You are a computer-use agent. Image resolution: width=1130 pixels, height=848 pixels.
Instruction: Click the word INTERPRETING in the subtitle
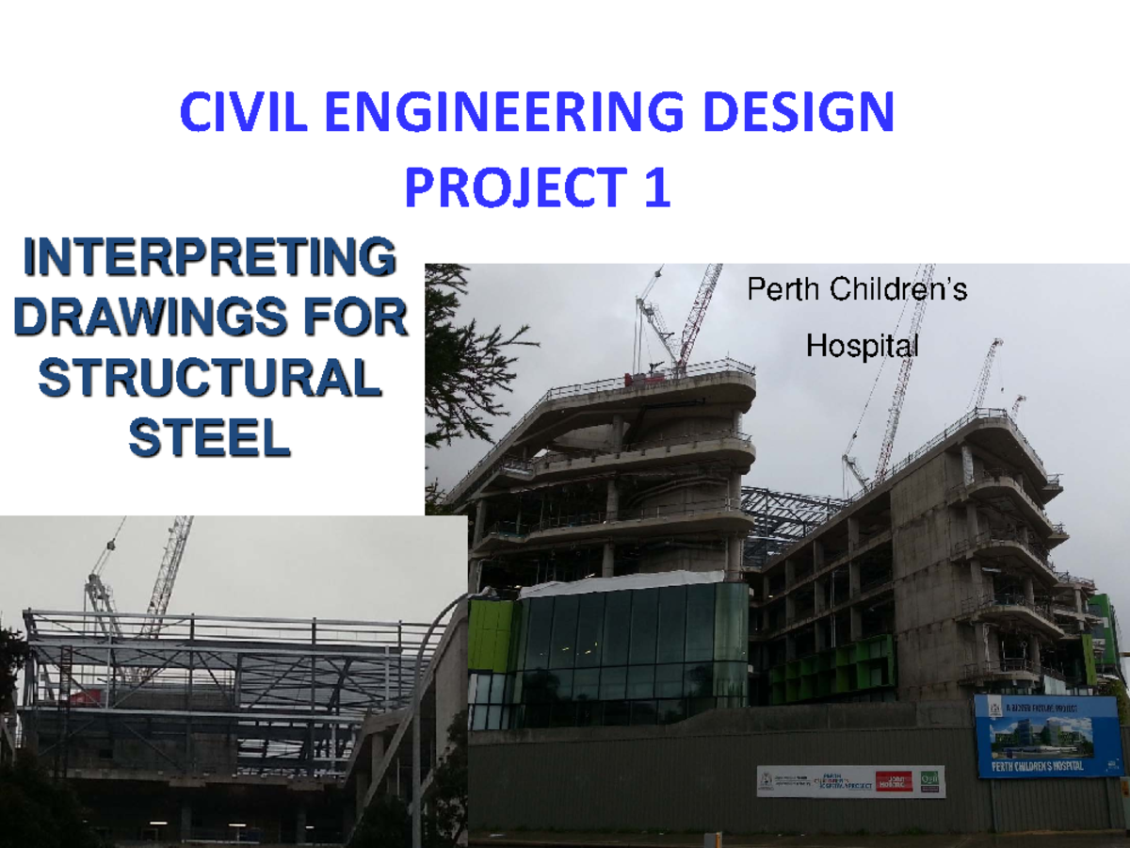point(208,259)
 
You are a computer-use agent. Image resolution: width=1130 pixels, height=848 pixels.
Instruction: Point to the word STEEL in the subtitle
point(208,439)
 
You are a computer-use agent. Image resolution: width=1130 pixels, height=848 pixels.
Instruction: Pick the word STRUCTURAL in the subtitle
point(208,380)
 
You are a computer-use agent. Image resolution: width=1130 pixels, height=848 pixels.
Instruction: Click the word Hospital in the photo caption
point(862,347)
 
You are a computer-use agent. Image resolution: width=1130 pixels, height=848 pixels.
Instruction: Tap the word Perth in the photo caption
point(784,289)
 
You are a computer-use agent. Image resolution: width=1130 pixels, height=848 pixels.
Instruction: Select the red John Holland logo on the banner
point(894,781)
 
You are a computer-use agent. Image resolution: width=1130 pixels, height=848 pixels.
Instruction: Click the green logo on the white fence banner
point(929,781)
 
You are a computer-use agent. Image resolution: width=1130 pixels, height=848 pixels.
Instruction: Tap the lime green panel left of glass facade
point(491,636)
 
